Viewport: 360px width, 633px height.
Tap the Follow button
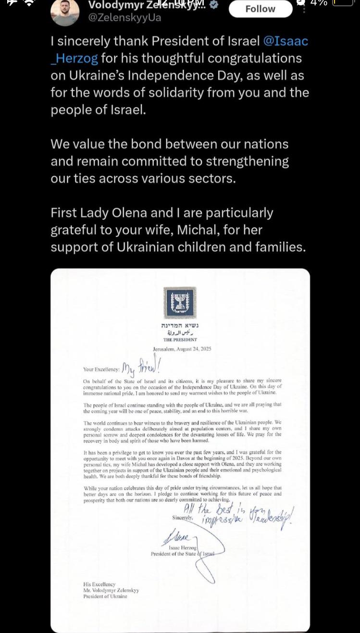click(x=260, y=9)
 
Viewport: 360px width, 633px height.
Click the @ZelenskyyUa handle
click(x=124, y=18)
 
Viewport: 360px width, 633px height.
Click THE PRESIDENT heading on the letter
click(x=180, y=340)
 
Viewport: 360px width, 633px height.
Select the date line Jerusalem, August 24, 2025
click(x=180, y=349)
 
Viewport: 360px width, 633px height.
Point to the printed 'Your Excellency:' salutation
click(x=101, y=370)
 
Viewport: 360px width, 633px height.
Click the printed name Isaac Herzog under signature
click(x=182, y=547)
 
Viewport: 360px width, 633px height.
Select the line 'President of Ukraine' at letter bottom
click(x=105, y=596)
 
